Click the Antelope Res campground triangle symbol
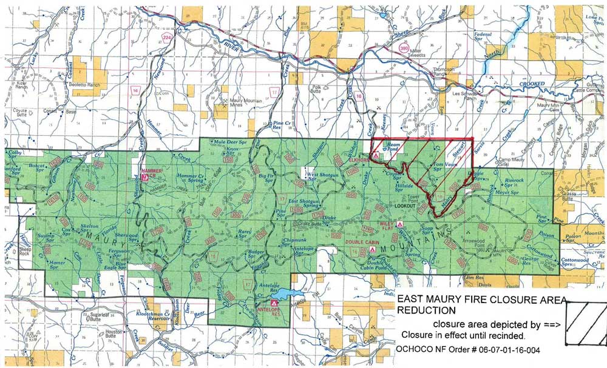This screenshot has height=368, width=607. click(x=274, y=302)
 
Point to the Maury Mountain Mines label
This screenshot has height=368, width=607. click(x=231, y=105)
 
